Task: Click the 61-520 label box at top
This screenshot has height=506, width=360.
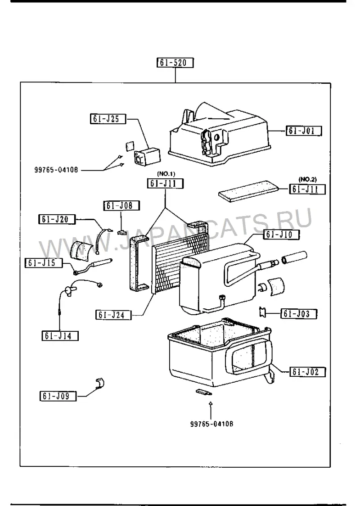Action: tap(175, 63)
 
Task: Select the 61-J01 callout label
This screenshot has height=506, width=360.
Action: tap(304, 131)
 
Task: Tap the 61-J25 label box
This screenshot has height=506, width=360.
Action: tap(108, 119)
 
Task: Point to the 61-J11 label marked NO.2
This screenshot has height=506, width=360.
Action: tap(307, 189)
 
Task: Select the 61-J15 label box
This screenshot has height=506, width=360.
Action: tap(44, 263)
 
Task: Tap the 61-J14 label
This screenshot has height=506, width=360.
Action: tap(60, 336)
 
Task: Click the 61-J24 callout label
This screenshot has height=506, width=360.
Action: tap(114, 315)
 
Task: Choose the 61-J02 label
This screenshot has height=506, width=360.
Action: tap(307, 372)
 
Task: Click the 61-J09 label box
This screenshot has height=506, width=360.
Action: tap(58, 396)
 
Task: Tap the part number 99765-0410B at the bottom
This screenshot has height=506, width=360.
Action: tap(211, 424)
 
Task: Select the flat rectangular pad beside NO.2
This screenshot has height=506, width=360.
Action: tap(249, 191)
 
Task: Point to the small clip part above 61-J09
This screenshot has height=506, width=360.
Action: tap(100, 383)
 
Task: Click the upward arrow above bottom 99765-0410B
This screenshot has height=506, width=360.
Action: tap(210, 409)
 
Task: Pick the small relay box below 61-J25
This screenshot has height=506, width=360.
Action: tap(147, 156)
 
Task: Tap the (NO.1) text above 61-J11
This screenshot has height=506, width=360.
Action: tap(166, 174)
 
